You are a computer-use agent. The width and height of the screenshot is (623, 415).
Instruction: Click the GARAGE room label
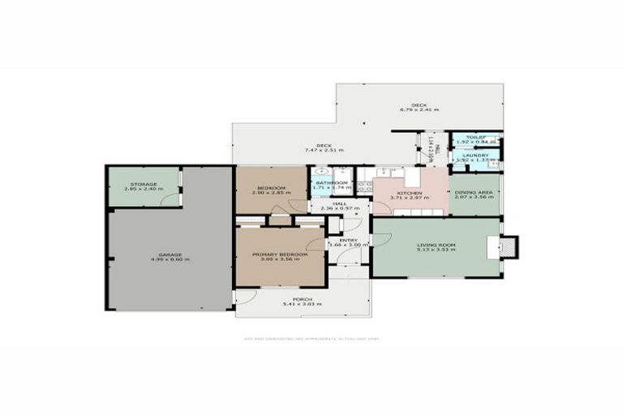click(170, 255)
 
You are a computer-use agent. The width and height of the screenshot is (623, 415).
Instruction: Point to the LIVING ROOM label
click(435, 245)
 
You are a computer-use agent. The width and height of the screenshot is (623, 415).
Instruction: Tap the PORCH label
click(302, 300)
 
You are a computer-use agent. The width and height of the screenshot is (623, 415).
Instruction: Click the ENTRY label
click(348, 240)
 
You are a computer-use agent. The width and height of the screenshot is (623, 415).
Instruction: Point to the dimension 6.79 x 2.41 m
click(419, 109)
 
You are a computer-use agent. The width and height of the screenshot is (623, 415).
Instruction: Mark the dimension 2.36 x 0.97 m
click(339, 209)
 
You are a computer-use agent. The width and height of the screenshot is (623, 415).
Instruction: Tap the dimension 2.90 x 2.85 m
click(270, 192)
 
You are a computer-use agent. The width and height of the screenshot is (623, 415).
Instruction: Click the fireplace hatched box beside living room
click(509, 246)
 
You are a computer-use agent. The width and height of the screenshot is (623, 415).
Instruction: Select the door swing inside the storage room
click(169, 199)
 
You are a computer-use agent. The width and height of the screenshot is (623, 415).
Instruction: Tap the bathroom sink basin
click(320, 172)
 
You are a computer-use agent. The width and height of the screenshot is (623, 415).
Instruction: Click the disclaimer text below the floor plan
click(311, 339)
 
